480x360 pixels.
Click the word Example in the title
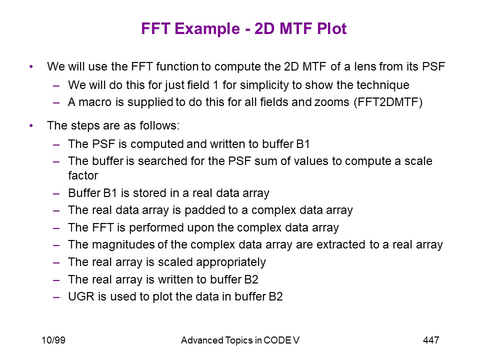[x=207, y=29]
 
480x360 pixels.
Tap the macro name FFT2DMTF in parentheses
[x=388, y=102]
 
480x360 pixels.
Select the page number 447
[x=430, y=340]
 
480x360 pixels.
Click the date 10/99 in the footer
[x=53, y=340]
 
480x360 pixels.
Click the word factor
[x=83, y=175]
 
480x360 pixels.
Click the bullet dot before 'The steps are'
[x=31, y=125]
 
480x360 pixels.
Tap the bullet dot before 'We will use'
[x=31, y=66]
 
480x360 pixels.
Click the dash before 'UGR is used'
[x=56, y=297]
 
